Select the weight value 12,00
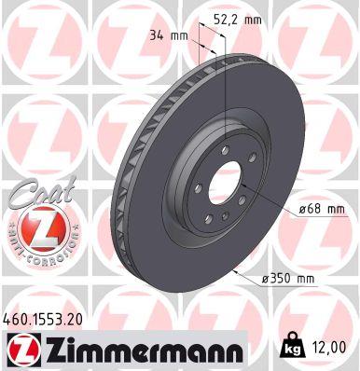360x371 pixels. click(x=331, y=346)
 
